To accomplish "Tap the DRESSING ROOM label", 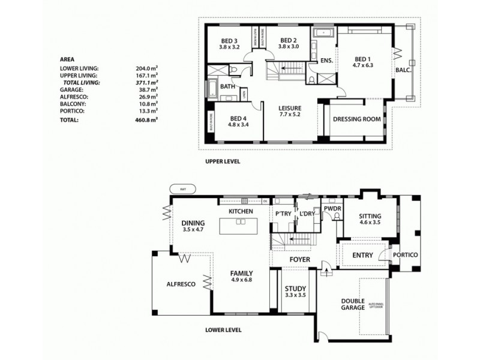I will pos(356,119).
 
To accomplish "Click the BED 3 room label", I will pos(229,43).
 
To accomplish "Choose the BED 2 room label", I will pos(278,43).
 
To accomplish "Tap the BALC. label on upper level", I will pos(402,70).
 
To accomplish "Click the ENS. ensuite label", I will pos(326,61).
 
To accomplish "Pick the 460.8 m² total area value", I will pos(146,120).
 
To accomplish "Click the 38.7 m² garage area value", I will pos(146,89).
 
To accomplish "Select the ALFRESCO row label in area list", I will pos(74,96).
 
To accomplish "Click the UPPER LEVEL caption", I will pos(223,161).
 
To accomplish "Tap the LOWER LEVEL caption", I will pos(223,329).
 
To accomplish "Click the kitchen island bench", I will pos(241,226).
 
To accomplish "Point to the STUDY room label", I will pos(295,292).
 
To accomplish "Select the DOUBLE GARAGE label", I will pos(353,304).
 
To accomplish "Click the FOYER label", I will pos(299,259).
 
